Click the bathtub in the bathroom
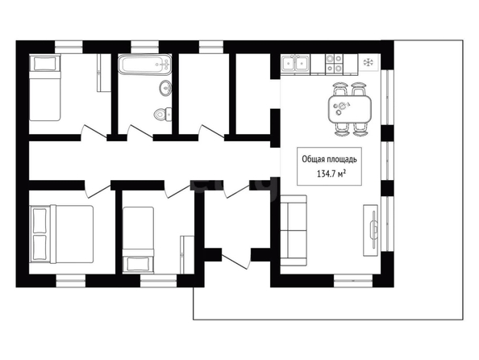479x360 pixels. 144,65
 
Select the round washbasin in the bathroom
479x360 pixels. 165,88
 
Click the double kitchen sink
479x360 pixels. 295,65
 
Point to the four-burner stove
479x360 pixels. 334,65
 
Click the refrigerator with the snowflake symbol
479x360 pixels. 369,63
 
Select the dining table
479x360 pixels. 350,109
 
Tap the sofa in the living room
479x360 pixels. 294,231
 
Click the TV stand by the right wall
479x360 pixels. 371,230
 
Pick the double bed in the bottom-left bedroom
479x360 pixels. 61,234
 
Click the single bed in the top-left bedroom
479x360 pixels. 45,87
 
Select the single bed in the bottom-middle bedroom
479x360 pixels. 138,240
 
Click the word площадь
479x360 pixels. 342,160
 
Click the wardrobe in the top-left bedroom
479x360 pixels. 103,73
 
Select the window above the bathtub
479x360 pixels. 145,47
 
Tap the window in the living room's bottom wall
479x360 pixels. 353,280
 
